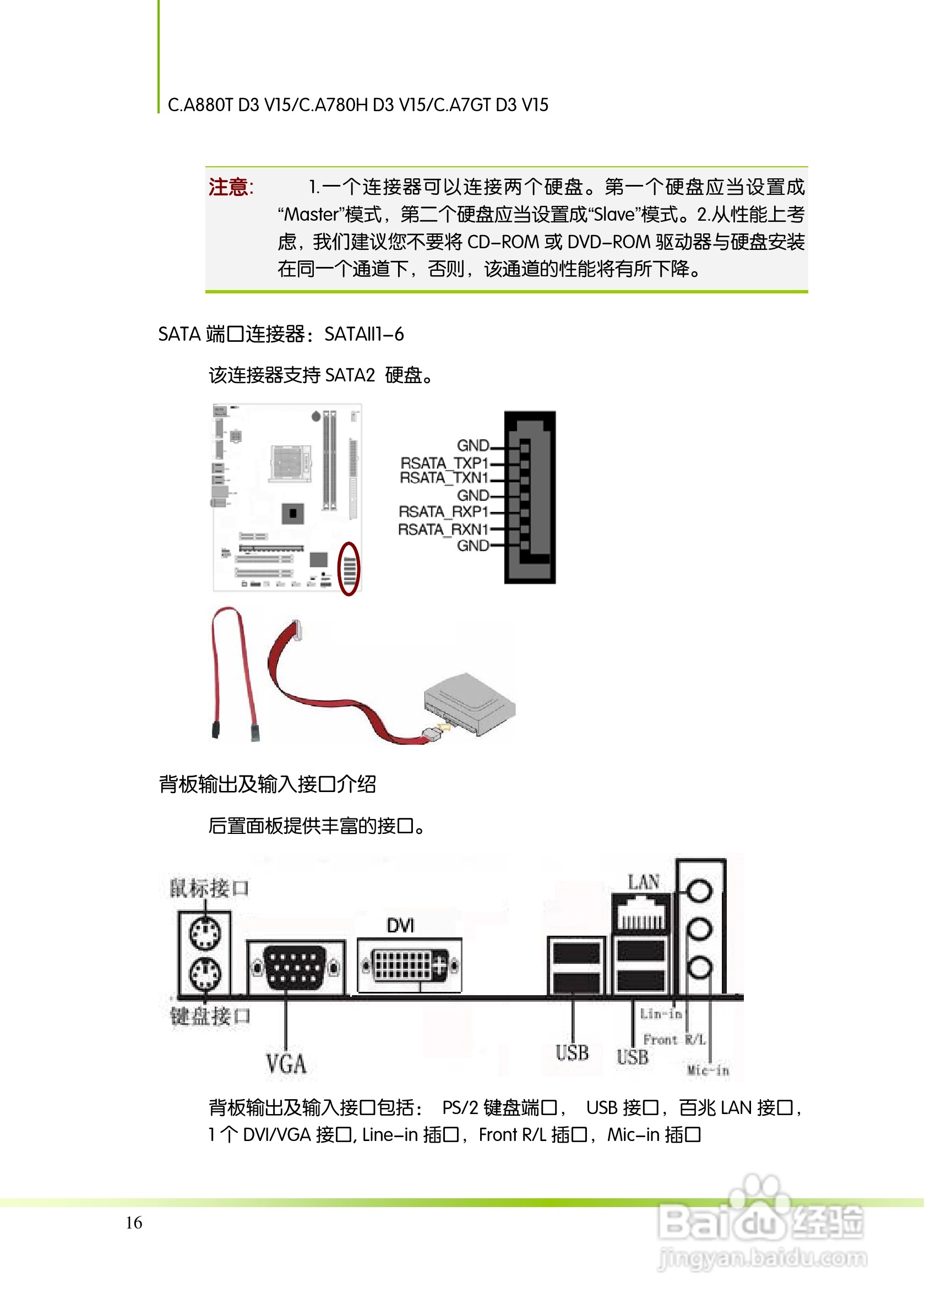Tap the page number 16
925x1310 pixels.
coord(134,1222)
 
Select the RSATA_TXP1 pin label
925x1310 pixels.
coord(444,463)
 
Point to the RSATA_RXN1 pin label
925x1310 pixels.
coord(443,530)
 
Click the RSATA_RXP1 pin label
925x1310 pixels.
coord(443,512)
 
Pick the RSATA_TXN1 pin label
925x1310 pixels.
coord(444,478)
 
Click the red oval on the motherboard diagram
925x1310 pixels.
coord(349,569)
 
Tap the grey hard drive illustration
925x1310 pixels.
coord(470,704)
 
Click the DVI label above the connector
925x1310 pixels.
coord(401,925)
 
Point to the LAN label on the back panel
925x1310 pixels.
coord(644,883)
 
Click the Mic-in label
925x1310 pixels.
coord(708,1071)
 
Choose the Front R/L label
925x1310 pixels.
coord(674,1040)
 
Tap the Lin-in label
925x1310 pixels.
coord(661,1014)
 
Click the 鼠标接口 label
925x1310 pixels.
coord(209,888)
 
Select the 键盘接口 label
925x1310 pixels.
coord(210,1016)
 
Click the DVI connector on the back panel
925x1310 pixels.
coord(409,965)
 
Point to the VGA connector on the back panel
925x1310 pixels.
coord(296,967)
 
